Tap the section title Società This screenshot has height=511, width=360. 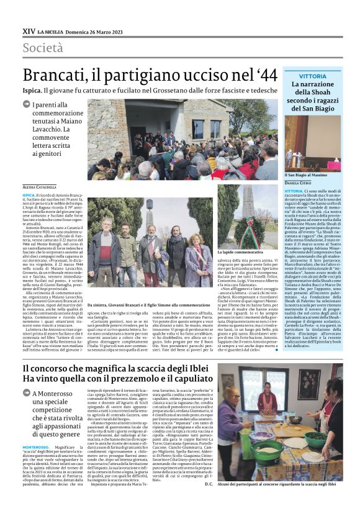coord(43,48)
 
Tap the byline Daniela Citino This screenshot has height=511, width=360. coord(297,184)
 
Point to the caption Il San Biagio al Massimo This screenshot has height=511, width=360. coord(305,176)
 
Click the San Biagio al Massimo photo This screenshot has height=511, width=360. coord(313,143)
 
